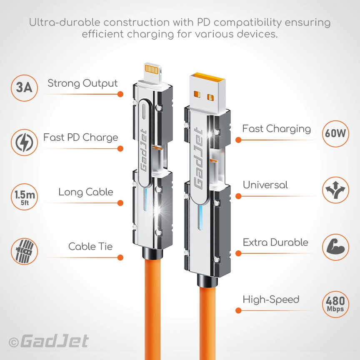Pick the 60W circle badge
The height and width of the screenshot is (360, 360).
(335, 134)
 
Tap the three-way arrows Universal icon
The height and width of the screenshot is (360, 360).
(335, 190)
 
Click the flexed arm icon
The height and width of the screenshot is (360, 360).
(335, 247)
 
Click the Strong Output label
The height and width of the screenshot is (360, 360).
(82, 83)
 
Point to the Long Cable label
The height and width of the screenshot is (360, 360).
(85, 192)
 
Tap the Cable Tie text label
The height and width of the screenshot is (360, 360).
(90, 247)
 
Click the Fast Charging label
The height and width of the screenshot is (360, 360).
(277, 129)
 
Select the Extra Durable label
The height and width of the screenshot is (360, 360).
(275, 242)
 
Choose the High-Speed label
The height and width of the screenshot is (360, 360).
(271, 299)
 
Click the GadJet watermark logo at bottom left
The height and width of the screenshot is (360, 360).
(49, 341)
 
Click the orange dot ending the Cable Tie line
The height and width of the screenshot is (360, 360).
(120, 257)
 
